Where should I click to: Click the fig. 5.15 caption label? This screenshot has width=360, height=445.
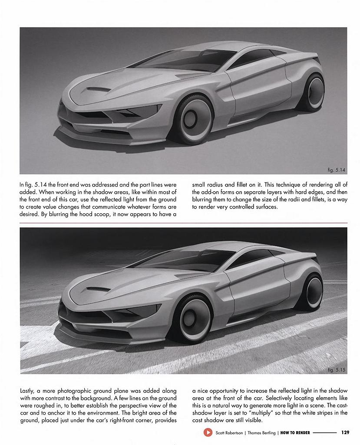point(336,370)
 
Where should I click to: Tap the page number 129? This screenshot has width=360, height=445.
point(345,432)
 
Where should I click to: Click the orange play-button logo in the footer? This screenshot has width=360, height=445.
point(207,432)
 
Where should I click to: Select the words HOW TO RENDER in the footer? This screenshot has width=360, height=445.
point(295,432)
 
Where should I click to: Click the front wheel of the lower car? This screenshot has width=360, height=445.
point(192,319)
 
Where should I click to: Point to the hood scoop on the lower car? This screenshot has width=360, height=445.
point(98,289)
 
